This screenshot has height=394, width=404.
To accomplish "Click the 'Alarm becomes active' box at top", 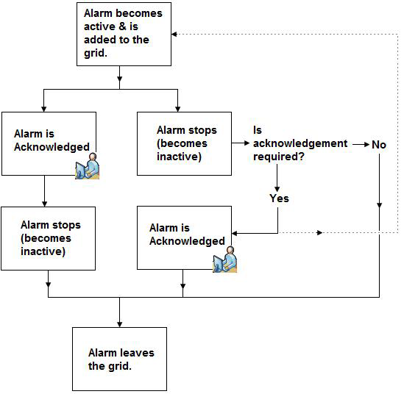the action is (124, 35).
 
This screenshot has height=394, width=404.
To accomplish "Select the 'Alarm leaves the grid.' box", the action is (119, 359).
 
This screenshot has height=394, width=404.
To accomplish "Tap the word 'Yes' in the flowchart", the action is (279, 198).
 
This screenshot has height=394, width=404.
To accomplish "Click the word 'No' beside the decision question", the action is (379, 145).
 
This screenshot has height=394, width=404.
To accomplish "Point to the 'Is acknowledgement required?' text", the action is (300, 143).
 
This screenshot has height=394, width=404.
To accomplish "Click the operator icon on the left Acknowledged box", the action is (88, 166).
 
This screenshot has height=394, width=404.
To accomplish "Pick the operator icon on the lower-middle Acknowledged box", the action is (224, 259).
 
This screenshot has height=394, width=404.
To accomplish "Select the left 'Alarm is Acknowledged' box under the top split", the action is (49, 143).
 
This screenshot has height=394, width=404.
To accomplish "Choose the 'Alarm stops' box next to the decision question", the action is (184, 143).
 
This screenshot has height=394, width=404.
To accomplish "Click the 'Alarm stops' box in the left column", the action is (48, 238).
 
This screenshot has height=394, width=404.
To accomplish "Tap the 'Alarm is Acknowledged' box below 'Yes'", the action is (184, 237).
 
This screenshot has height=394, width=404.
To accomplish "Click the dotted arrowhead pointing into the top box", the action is (174, 35).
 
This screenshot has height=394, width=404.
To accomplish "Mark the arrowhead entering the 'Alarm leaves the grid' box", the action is (119, 324).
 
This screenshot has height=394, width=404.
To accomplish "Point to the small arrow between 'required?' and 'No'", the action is (361, 145).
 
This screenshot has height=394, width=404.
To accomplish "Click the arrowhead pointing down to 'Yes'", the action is (277, 190).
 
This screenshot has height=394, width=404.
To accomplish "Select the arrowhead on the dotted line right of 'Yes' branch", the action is (319, 232).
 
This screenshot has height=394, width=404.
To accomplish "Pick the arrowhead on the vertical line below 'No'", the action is (379, 205).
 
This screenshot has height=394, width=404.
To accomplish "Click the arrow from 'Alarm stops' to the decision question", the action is (241, 143).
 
